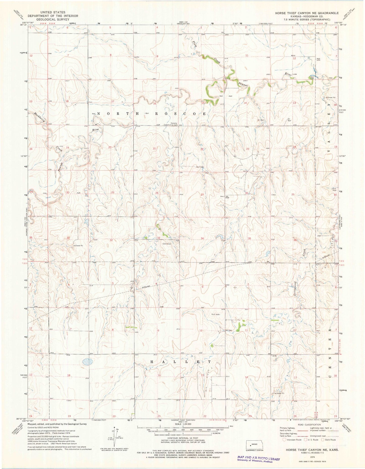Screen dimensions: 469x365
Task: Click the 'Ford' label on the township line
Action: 213,262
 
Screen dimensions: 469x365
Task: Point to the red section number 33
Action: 159,238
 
